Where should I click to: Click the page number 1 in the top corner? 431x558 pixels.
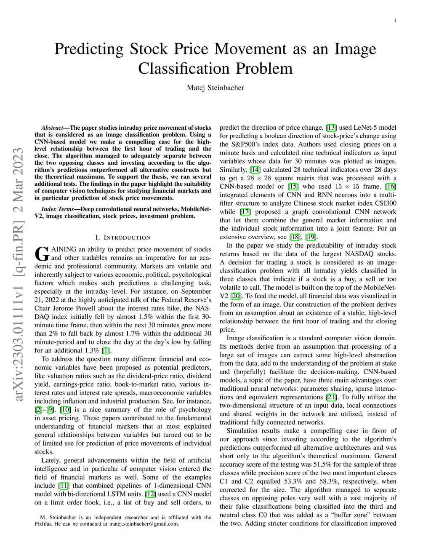tap(396, 21)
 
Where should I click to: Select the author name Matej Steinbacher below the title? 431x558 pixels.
tap(215, 88)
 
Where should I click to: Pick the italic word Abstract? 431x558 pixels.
tap(52, 128)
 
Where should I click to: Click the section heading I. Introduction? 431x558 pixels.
tap(122, 238)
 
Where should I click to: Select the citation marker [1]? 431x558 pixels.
tap(106, 350)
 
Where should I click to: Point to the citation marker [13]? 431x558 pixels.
tap(331, 128)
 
